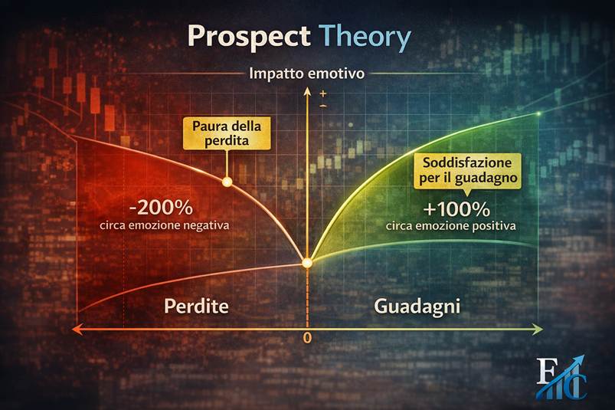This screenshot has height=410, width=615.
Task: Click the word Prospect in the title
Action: click(x=250, y=37)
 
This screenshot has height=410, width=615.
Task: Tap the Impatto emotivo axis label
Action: click(x=307, y=74)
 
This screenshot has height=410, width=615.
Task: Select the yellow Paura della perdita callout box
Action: click(x=227, y=133)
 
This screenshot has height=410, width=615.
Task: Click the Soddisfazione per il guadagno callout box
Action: click(x=467, y=171)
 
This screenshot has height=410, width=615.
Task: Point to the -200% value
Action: click(x=161, y=207)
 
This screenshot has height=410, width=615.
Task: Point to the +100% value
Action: click(x=456, y=209)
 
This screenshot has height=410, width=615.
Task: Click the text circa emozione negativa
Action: click(x=165, y=226)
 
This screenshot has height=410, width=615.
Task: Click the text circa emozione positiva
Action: click(x=450, y=226)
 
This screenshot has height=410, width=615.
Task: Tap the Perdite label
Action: click(x=196, y=306)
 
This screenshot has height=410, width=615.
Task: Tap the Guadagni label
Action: click(x=417, y=306)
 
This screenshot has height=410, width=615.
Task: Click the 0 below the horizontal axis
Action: click(x=308, y=337)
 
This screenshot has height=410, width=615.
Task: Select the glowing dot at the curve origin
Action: click(x=307, y=263)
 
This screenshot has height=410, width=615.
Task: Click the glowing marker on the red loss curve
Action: click(x=227, y=182)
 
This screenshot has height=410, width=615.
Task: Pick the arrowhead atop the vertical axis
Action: click(x=307, y=92)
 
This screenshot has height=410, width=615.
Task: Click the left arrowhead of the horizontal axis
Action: click(x=77, y=330)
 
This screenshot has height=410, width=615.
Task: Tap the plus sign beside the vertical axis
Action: click(x=323, y=93)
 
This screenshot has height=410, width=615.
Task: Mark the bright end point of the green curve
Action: click(x=539, y=113)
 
